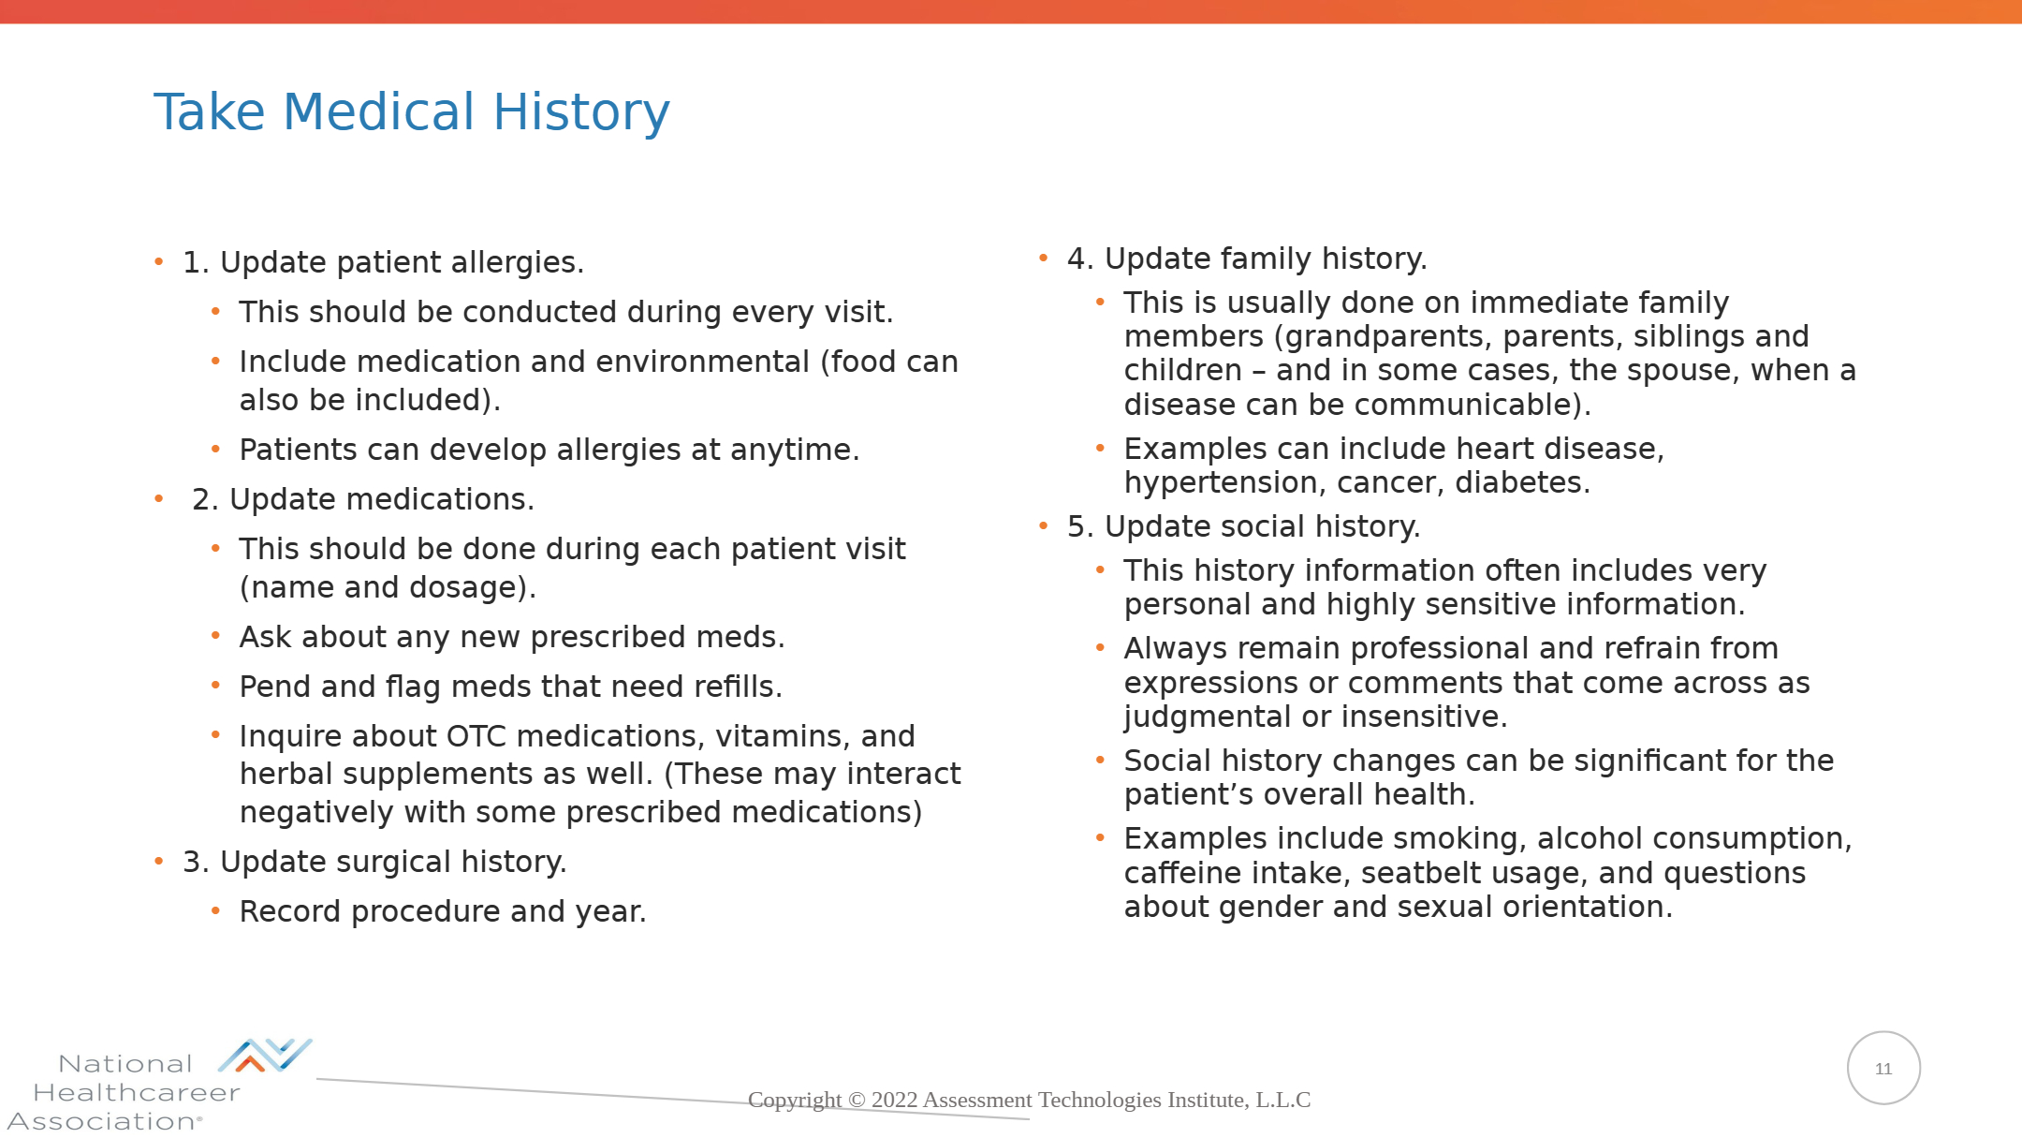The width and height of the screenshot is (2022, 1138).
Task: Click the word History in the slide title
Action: [581, 112]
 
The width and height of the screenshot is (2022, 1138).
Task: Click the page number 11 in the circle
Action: [1883, 1069]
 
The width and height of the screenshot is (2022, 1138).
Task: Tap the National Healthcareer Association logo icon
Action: [265, 1056]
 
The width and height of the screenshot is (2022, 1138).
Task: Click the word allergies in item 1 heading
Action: [516, 262]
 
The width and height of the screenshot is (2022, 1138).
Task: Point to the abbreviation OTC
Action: [476, 736]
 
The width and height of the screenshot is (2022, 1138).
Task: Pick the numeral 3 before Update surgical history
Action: [192, 862]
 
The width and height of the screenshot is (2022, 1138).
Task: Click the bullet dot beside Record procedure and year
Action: [216, 910]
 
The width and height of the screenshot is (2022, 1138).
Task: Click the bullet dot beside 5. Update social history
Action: [1044, 526]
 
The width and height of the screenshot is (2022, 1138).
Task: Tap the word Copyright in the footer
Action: [795, 1100]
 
